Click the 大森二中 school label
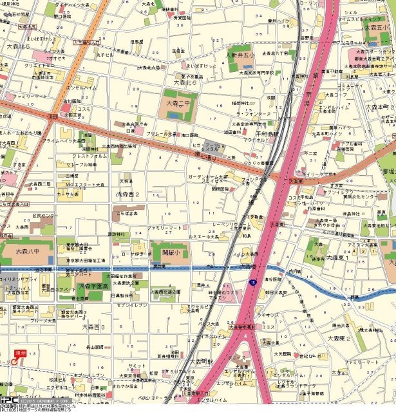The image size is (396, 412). (x=180, y=101)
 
